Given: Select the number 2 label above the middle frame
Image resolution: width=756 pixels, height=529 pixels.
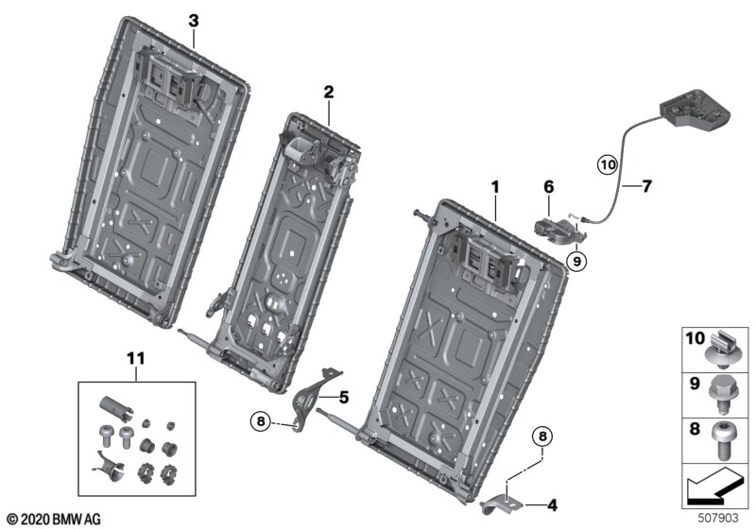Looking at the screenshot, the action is point(328,92).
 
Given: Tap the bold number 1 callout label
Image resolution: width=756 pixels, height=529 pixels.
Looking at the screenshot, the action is point(493,188).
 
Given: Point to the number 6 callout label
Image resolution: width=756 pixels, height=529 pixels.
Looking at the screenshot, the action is point(547,188).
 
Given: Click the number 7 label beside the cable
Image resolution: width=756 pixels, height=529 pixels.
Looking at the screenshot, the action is point(647,186).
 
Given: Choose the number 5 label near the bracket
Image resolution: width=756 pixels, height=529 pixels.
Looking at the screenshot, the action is point(344,398).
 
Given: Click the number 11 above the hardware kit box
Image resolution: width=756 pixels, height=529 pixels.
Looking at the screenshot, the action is point(137,357).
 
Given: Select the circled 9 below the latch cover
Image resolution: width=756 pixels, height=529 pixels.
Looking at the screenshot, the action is point(576,257).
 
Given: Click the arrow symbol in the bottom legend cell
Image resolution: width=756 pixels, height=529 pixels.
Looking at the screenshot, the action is point(713,488).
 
